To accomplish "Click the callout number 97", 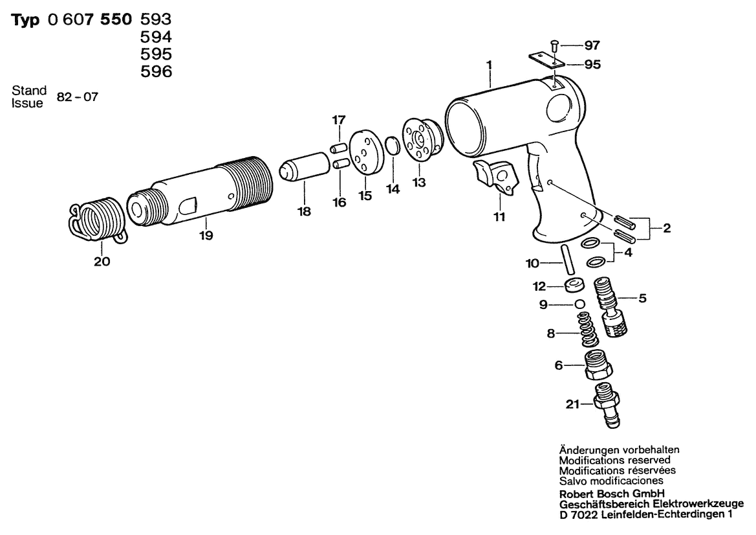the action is [592, 45].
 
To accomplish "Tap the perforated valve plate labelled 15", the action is [365, 153].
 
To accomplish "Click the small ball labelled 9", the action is [580, 304].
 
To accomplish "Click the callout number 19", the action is [206, 236].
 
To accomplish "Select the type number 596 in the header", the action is [156, 71].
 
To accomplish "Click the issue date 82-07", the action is [77, 97].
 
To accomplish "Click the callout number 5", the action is [642, 299].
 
